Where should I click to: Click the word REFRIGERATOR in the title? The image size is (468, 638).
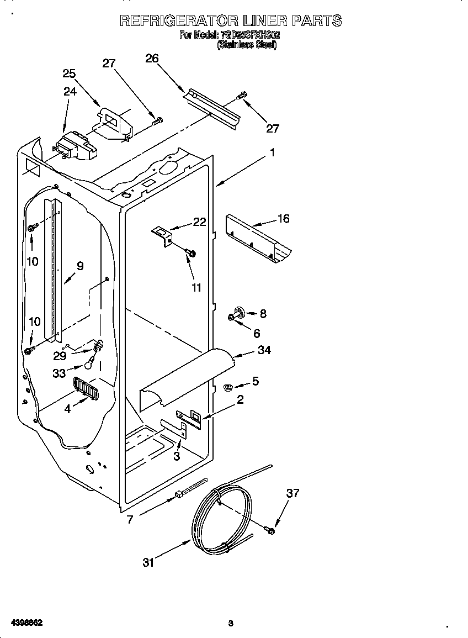179,21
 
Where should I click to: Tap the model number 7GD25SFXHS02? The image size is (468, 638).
250,35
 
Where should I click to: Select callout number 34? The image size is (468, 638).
264,350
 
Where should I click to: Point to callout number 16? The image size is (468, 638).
283,218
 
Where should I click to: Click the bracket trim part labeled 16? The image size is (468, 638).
258,238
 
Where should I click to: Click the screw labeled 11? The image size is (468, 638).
191,253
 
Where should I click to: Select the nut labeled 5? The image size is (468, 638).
226,387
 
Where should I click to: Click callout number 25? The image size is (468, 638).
69,73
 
